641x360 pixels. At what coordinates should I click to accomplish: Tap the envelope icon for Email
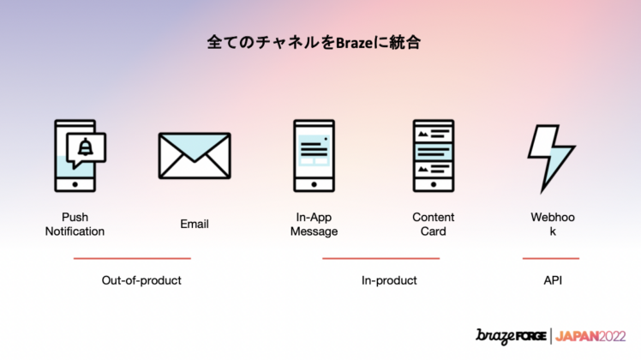pos(195,156)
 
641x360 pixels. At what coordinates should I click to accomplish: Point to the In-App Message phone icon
pos(314,155)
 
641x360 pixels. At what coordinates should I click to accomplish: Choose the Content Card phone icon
pos(433,155)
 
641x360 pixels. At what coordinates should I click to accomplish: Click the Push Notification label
pos(75,225)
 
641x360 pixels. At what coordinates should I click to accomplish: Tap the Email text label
pos(195,225)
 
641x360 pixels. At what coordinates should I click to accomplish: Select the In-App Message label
pos(314,225)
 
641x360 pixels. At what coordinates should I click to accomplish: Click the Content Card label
pos(433,225)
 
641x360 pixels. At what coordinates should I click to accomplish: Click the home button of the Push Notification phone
pos(75,184)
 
